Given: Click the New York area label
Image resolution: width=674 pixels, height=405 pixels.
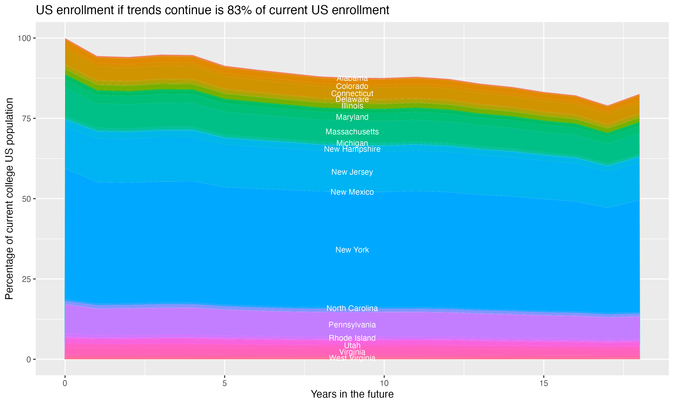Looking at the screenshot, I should pyautogui.click(x=352, y=250).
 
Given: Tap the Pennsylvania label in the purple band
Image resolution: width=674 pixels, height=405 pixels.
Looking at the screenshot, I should pyautogui.click(x=352, y=325).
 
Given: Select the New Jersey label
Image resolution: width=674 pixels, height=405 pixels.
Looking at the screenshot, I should pyautogui.click(x=352, y=172).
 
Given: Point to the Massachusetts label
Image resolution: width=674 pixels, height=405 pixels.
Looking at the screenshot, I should pyautogui.click(x=352, y=132).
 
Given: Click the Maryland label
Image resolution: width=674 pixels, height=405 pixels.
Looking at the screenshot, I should pyautogui.click(x=352, y=117).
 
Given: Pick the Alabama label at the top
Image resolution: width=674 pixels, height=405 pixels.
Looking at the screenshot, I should pyautogui.click(x=352, y=78).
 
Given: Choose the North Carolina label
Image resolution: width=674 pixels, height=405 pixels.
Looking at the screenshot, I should pyautogui.click(x=352, y=308).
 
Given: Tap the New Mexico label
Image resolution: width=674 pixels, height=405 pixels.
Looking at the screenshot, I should pyautogui.click(x=352, y=192).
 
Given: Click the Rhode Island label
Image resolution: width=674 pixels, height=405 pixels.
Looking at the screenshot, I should pyautogui.click(x=352, y=338).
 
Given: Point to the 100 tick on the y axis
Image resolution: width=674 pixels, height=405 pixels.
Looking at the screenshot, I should pyautogui.click(x=24, y=38).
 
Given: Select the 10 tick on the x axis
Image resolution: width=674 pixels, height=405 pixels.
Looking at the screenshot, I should pyautogui.click(x=384, y=383).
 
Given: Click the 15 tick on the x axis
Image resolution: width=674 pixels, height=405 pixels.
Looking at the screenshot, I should pyautogui.click(x=543, y=383).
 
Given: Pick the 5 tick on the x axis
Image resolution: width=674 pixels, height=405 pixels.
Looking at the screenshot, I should pyautogui.click(x=224, y=383).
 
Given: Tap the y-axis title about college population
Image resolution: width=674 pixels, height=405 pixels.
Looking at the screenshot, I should pyautogui.click(x=9, y=199).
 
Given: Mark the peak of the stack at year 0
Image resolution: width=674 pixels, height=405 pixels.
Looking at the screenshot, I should pyautogui.click(x=65, y=38).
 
